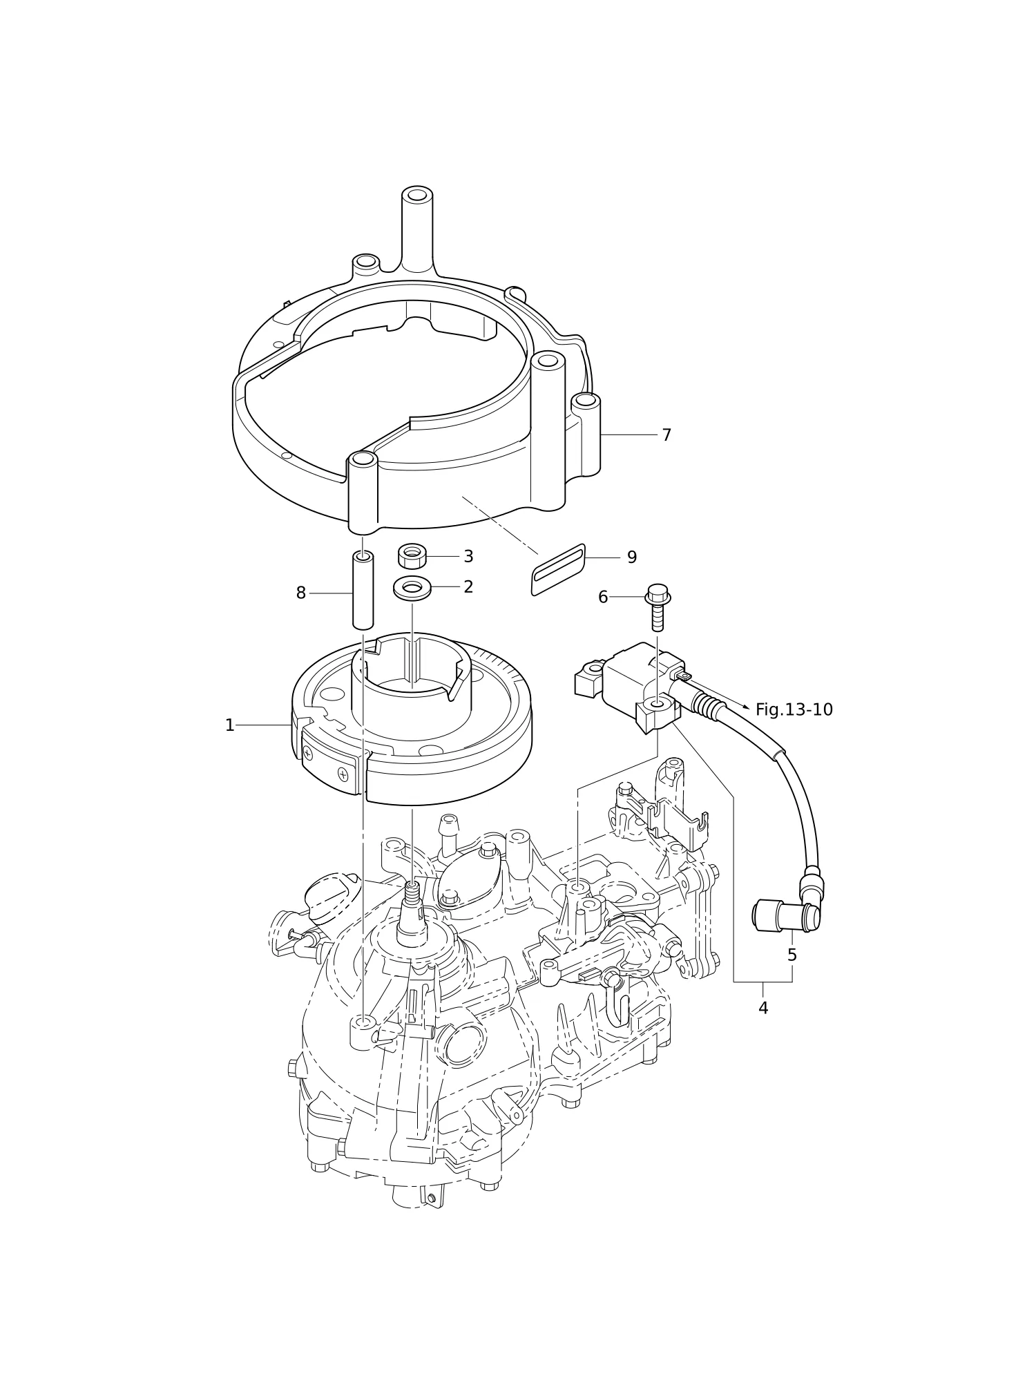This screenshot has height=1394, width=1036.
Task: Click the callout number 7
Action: (666, 435)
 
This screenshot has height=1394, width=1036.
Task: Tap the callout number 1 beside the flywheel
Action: (230, 725)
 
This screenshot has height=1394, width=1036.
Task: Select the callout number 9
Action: (632, 557)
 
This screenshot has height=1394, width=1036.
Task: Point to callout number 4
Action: (763, 1009)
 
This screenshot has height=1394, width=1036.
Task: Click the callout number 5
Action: (792, 955)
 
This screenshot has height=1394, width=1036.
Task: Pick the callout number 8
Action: (301, 593)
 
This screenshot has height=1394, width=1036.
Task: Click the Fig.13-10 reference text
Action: (794, 710)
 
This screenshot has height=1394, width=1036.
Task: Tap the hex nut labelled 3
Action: (412, 556)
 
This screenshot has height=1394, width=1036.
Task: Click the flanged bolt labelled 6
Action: (658, 607)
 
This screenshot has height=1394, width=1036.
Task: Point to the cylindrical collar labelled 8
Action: (363, 590)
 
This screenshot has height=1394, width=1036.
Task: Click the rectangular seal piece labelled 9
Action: (558, 570)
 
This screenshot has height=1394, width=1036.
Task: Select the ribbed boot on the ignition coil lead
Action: (707, 706)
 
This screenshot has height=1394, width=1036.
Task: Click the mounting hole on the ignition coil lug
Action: (657, 705)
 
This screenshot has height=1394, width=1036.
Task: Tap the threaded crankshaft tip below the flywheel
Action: (412, 894)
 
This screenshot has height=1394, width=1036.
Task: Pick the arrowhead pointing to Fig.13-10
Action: (746, 707)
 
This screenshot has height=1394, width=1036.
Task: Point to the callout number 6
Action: (603, 598)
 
